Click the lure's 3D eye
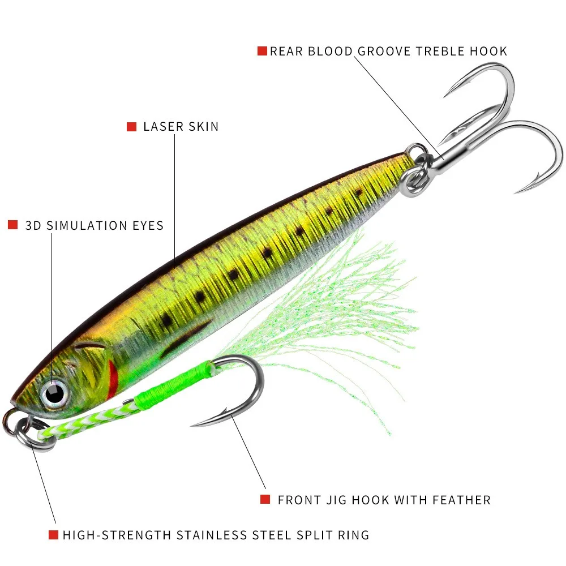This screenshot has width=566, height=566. point(54,393)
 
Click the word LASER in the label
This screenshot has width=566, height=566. point(164,127)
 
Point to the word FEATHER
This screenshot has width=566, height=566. point(462,500)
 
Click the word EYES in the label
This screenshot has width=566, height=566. point(148,226)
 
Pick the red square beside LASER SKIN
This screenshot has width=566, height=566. point(131,127)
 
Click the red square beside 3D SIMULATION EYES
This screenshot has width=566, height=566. point(12,225)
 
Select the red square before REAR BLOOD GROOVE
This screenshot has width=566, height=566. point(262,51)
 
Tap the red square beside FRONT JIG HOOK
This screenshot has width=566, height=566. point(265,499)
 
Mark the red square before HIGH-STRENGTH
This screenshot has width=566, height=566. point(53,535)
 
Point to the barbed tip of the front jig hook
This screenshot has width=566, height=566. point(192,426)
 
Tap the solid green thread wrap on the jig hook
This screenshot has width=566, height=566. point(173,383)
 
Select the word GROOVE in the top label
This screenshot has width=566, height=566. point(384,52)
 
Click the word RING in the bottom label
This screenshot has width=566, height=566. point(353,535)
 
